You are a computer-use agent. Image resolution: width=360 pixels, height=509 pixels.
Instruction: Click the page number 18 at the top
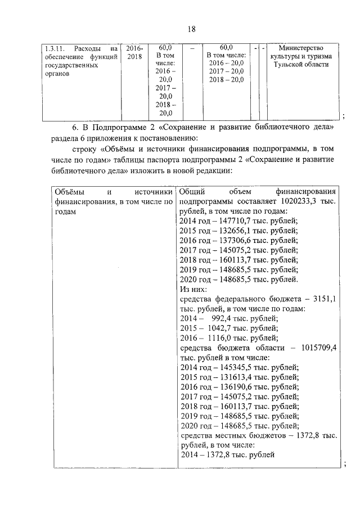pyautogui.click(x=191, y=29)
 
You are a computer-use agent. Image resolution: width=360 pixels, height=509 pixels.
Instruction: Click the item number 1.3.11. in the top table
pyautogui.click(x=55, y=48)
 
